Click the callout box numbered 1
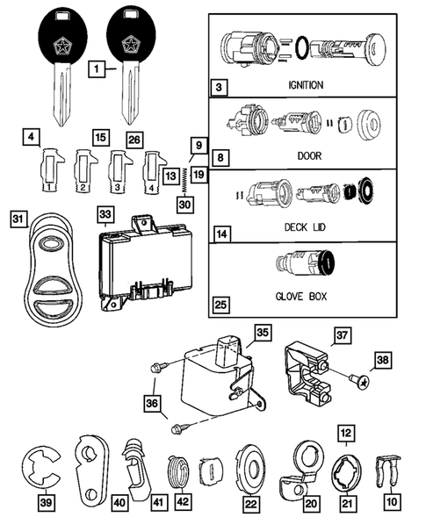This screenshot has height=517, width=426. coord(99,67)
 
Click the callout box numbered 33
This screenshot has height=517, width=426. coord(105,213)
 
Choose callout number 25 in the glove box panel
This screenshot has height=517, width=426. coord(221,306)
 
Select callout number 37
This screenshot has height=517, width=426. coord(342,334)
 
